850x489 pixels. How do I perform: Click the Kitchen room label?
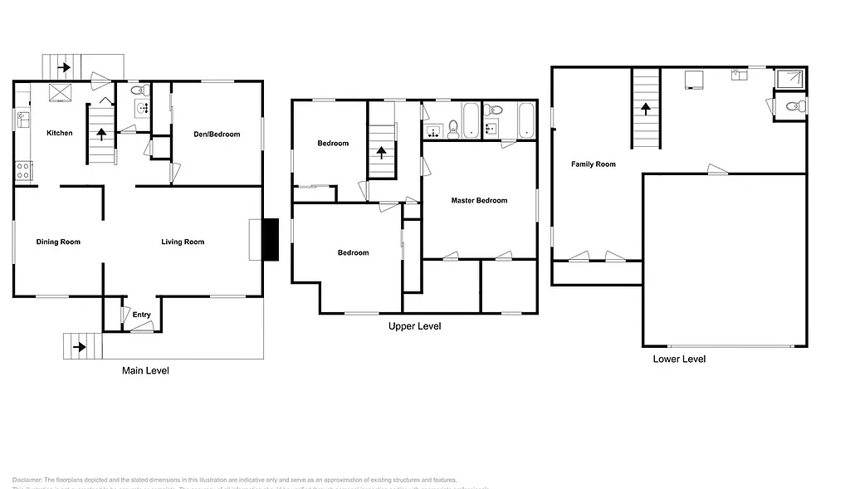pyautogui.click(x=59, y=133)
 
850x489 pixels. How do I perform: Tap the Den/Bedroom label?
pyautogui.click(x=217, y=134)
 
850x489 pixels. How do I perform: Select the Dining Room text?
pyautogui.click(x=58, y=242)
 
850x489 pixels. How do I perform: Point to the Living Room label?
pyautogui.click(x=183, y=242)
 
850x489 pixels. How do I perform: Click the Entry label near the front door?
pyautogui.click(x=141, y=315)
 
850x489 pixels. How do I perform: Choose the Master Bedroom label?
pyautogui.click(x=479, y=200)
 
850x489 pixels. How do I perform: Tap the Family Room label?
pyautogui.click(x=594, y=164)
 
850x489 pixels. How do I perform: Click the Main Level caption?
pyautogui.click(x=145, y=370)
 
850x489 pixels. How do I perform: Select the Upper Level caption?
pyautogui.click(x=414, y=326)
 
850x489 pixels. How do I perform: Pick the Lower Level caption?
pyautogui.click(x=679, y=359)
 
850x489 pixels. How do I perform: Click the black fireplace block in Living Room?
pyautogui.click(x=270, y=240)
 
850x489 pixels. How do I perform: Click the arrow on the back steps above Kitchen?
pyautogui.click(x=63, y=66)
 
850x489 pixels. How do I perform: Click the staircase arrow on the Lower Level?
pyautogui.click(x=645, y=109)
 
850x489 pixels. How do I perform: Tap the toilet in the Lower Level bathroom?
pyautogui.click(x=793, y=105)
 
